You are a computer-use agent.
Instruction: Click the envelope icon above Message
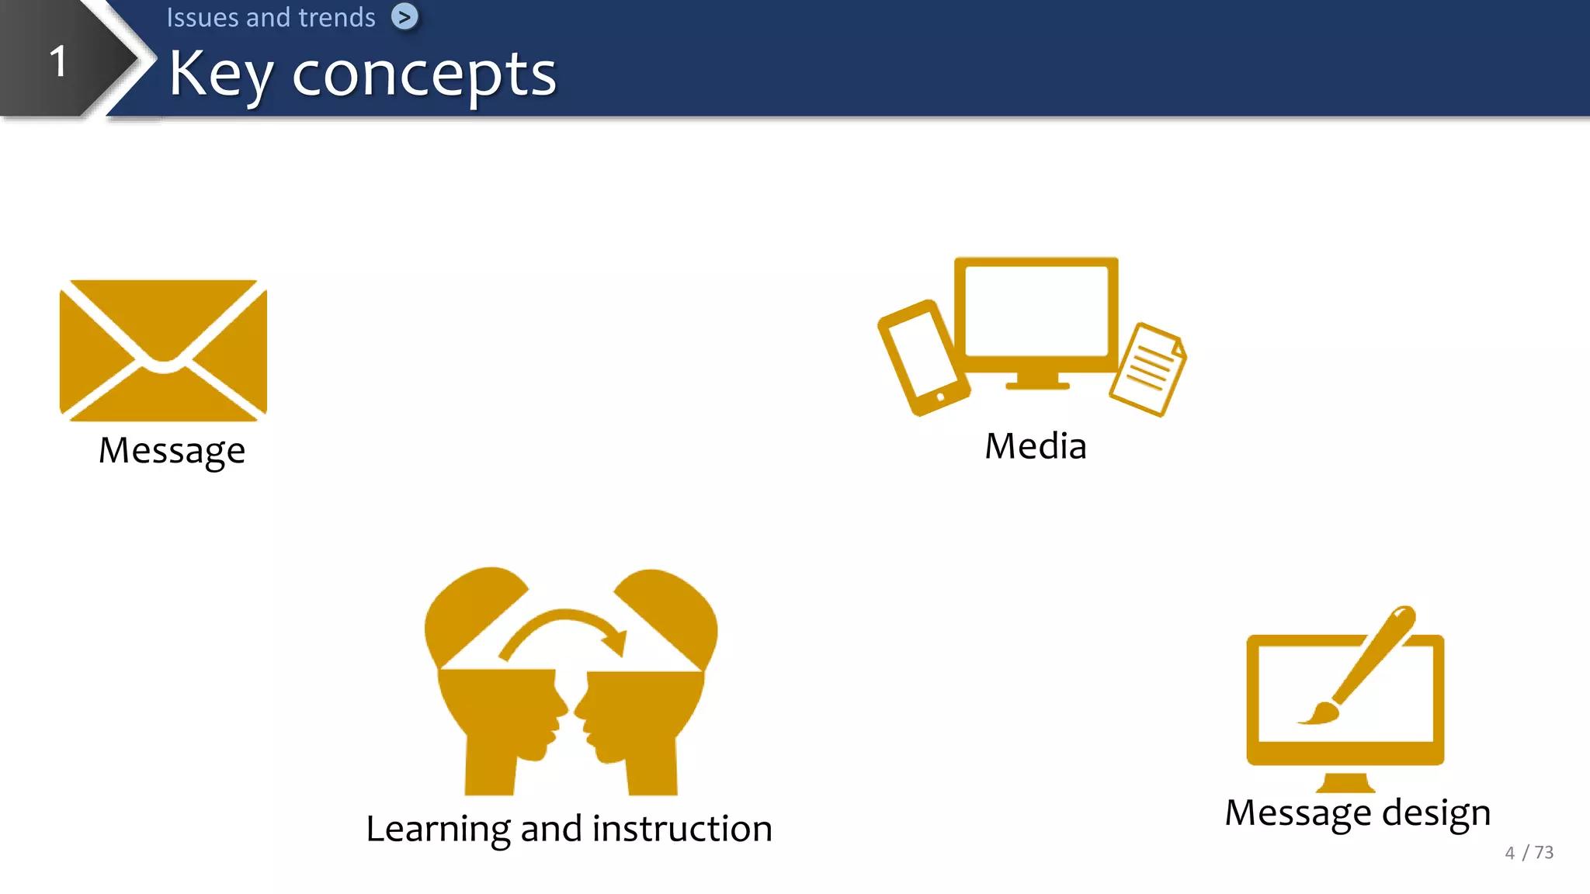tap(163, 350)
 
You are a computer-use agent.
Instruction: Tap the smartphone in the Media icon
tap(923, 357)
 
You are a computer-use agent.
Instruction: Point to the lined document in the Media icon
tap(1147, 369)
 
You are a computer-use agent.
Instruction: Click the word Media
tap(1035, 446)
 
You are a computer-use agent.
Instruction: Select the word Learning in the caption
tap(437, 830)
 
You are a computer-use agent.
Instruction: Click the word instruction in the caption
tap(682, 829)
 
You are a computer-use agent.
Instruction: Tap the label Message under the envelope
tap(172, 451)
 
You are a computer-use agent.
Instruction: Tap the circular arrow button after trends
tap(404, 16)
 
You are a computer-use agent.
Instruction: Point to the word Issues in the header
tap(202, 17)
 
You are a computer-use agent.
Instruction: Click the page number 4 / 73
tap(1529, 853)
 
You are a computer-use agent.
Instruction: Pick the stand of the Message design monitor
tap(1345, 781)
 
